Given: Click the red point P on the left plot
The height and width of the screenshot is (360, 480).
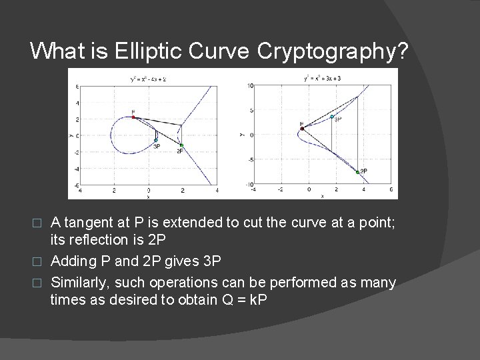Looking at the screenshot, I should pos(133,117).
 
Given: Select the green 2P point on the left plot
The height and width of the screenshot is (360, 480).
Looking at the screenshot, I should pos(181,145).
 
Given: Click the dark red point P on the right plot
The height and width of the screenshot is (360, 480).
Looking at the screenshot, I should pos(302,129).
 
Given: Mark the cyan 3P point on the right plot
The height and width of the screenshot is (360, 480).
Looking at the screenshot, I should pos(332,117).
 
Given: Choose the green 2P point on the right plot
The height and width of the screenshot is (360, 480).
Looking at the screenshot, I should pos(358,172).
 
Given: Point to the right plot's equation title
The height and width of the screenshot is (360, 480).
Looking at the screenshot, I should pos(322,79).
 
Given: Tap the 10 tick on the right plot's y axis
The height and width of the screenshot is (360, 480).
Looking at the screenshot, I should pos(249,85).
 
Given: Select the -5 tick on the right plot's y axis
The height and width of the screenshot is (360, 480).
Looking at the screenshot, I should pos(249,159).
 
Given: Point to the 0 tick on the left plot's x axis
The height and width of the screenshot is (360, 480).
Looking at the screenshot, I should pos(149,191).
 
